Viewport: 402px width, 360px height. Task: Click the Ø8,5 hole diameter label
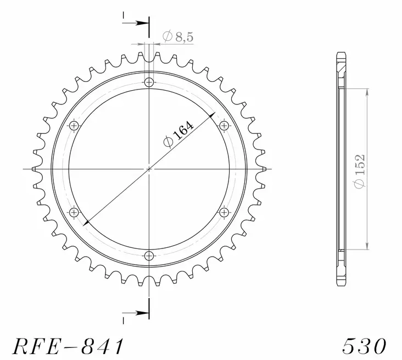coord(178,37)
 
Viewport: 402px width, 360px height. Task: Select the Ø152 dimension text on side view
coord(359,171)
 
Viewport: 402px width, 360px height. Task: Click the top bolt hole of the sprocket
coord(149,83)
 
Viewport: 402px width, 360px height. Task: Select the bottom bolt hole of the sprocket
coord(149,256)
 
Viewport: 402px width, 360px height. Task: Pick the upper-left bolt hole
coord(74,126)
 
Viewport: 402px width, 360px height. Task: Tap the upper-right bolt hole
coord(224,126)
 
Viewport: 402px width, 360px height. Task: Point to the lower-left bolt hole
coord(74,212)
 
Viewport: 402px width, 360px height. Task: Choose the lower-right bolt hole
coord(224,212)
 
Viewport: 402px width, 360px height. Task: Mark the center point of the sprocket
coord(149,169)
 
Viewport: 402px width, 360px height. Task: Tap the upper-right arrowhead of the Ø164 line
coord(212,117)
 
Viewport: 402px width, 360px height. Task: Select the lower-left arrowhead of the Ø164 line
coord(85,223)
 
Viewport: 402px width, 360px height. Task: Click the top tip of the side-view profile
coord(340,53)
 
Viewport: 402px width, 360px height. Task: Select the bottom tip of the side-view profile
coord(340,286)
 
